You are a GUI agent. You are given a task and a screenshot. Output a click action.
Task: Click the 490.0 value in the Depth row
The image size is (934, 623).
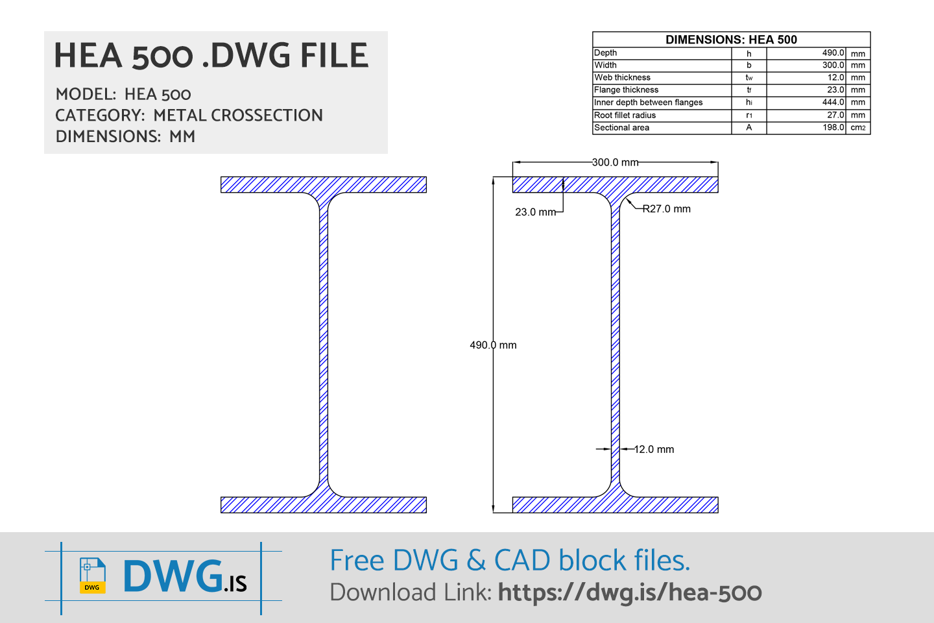click(833, 53)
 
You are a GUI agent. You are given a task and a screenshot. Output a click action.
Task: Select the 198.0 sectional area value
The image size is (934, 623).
click(833, 128)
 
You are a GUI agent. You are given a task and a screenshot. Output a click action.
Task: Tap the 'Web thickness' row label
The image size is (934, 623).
click(622, 78)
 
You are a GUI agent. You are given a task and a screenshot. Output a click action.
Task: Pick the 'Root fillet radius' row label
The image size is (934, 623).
click(625, 116)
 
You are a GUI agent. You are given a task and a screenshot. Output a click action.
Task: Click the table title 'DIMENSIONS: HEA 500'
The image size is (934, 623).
click(731, 40)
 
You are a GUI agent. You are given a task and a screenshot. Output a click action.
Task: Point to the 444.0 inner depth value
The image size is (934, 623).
click(833, 103)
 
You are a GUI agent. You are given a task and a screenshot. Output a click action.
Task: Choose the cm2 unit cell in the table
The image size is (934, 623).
click(858, 128)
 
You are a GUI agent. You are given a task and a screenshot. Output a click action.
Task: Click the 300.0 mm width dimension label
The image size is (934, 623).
click(615, 162)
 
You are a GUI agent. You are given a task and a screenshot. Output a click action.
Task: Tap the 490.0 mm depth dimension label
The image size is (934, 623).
click(493, 345)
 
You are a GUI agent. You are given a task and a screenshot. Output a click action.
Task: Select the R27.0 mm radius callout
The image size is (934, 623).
click(666, 209)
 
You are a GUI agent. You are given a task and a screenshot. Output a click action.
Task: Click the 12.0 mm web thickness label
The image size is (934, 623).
click(653, 449)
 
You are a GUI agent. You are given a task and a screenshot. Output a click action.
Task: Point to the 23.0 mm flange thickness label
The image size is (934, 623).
click(535, 212)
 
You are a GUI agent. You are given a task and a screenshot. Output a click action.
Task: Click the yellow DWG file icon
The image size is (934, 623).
click(92, 576)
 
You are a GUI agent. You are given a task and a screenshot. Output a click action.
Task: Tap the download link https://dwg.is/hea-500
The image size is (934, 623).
click(630, 592)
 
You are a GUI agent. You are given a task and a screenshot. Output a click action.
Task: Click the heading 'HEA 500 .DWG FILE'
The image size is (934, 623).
click(211, 56)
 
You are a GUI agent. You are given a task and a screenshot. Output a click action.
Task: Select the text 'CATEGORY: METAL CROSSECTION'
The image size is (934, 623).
click(189, 116)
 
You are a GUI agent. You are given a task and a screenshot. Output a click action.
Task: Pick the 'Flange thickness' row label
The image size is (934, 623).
click(626, 90)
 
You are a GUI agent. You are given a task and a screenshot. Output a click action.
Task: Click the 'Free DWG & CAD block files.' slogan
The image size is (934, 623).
click(510, 561)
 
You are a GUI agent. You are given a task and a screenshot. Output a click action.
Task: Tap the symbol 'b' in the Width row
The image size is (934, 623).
click(748, 66)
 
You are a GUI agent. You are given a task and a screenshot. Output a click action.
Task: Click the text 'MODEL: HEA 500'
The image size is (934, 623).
click(123, 95)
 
